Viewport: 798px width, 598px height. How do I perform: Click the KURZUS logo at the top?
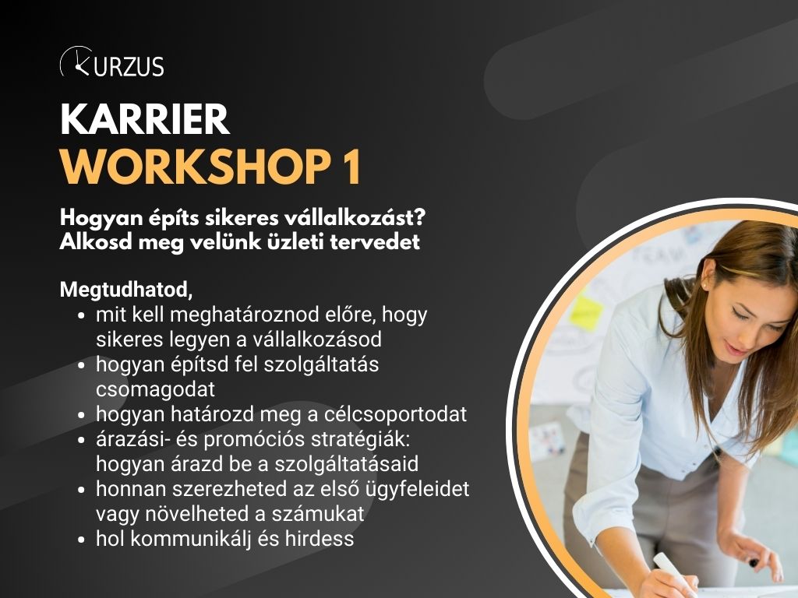112,62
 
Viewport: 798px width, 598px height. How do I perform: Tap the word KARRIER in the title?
144,119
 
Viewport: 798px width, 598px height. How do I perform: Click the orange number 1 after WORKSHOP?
351,167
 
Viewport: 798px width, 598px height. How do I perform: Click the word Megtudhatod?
125,290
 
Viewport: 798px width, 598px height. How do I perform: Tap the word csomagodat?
155,390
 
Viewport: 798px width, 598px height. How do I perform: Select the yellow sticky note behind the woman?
586,313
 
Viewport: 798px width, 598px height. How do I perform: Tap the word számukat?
318,514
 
